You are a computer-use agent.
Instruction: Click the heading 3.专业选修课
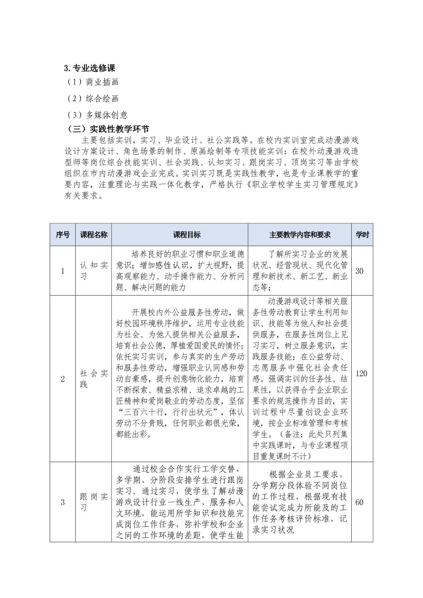(90, 68)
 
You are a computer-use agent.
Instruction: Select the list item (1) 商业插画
(93, 82)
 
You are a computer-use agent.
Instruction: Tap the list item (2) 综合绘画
(93, 99)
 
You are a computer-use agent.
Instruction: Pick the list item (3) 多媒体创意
(97, 115)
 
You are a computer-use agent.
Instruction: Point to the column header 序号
(62, 235)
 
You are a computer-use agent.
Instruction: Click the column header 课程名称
(93, 235)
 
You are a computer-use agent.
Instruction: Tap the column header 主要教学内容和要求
(300, 235)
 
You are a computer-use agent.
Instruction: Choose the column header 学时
(362, 235)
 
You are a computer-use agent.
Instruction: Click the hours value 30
(359, 271)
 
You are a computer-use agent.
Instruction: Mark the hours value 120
(361, 373)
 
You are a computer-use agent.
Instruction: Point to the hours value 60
(359, 502)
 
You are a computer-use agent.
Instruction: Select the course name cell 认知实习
(93, 271)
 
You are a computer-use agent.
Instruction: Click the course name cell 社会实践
(93, 379)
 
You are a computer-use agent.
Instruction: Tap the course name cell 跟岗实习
(93, 502)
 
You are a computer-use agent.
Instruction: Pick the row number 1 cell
(63, 271)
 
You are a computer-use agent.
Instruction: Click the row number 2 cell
(63, 379)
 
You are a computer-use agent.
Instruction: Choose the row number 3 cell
(63, 502)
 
